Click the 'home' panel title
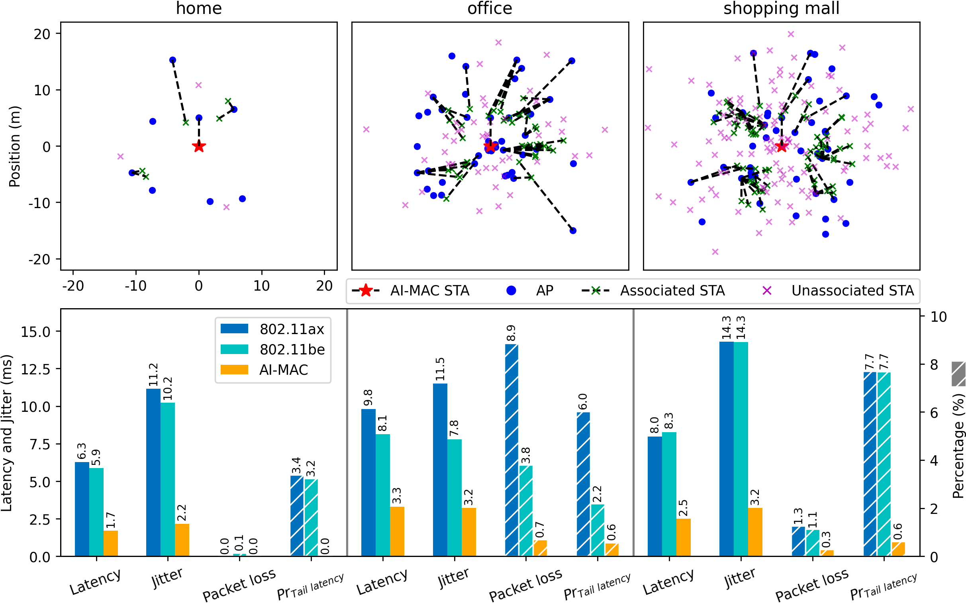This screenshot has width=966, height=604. pyautogui.click(x=199, y=8)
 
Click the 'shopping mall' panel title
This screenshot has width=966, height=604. pyautogui.click(x=781, y=8)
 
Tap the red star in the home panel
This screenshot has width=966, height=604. pyautogui.click(x=199, y=147)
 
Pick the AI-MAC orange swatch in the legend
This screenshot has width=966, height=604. pyautogui.click(x=234, y=370)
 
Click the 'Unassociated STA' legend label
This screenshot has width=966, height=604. pyautogui.click(x=852, y=290)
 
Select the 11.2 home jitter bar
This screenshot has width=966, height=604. pyautogui.click(x=153, y=472)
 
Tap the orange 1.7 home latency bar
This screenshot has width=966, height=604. pyautogui.click(x=111, y=543)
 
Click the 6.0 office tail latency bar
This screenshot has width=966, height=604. pyautogui.click(x=583, y=484)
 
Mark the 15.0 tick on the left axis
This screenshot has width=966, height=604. pyautogui.click(x=36, y=332)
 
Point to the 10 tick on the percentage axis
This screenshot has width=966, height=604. pyautogui.click(x=939, y=317)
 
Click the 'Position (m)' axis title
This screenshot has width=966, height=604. pyautogui.click(x=14, y=146)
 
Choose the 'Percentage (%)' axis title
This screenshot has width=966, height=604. pyautogui.click(x=958, y=445)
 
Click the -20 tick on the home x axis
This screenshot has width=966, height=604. pyautogui.click(x=73, y=285)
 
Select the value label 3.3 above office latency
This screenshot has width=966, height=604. pyautogui.click(x=397, y=496)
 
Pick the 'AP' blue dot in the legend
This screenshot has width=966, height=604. pyautogui.click(x=511, y=290)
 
